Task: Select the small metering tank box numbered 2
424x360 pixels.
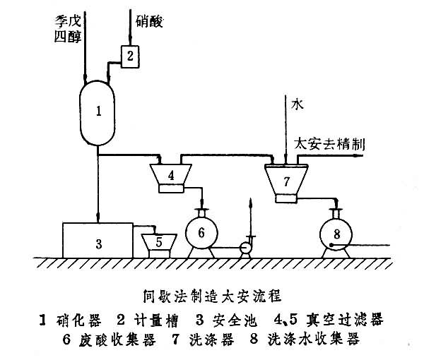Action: (130, 54)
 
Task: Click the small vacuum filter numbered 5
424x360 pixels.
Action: (159, 242)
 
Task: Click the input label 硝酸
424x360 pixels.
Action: (148, 22)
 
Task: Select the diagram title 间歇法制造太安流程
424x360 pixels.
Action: (212, 296)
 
